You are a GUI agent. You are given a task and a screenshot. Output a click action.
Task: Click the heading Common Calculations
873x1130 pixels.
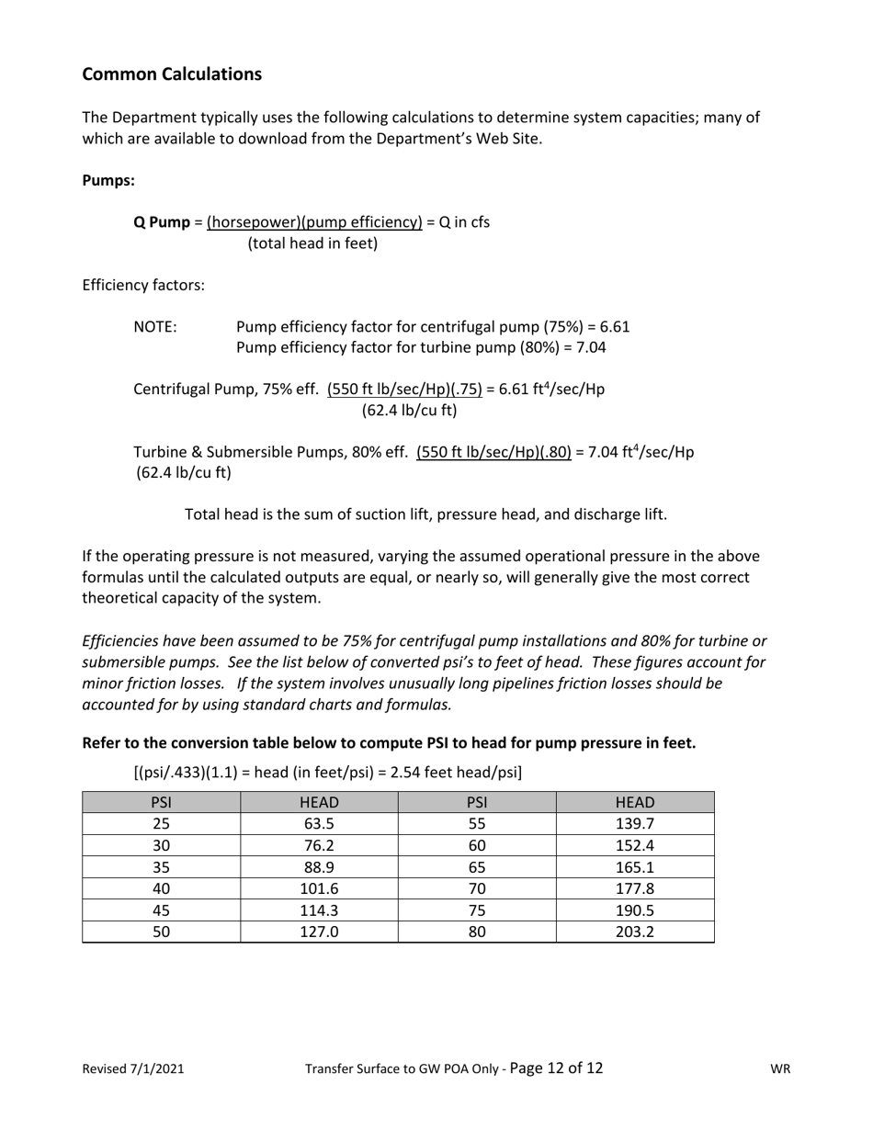[x=172, y=74]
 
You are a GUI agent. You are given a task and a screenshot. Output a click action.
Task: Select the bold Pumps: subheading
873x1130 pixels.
[x=108, y=180]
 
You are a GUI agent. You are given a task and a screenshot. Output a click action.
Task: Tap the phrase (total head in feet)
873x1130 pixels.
[x=312, y=244]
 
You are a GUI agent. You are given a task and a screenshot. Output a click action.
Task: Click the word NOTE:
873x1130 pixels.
[x=155, y=327]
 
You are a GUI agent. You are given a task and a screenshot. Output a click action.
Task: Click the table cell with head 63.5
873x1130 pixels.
[x=319, y=823]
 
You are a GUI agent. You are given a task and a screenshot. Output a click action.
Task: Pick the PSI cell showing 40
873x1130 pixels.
[x=161, y=888]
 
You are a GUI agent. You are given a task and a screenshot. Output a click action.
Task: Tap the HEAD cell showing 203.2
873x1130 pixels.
[x=635, y=932]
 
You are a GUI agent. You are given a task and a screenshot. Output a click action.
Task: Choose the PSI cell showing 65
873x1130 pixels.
[x=477, y=866]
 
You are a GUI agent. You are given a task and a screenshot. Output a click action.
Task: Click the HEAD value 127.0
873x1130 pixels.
[x=319, y=932]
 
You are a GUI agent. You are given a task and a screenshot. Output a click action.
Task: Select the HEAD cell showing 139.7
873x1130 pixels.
[x=635, y=823]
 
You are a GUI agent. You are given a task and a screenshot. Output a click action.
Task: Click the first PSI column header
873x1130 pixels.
[x=161, y=802]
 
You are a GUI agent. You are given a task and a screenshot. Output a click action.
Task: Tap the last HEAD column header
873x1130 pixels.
[x=635, y=802]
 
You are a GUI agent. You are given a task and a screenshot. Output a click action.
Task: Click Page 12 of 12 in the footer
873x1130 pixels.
[x=556, y=1068]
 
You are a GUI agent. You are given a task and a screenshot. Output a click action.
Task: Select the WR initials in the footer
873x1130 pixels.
[x=780, y=1069]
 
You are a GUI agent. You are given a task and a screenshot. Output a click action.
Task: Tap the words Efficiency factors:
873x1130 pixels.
[x=143, y=286]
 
